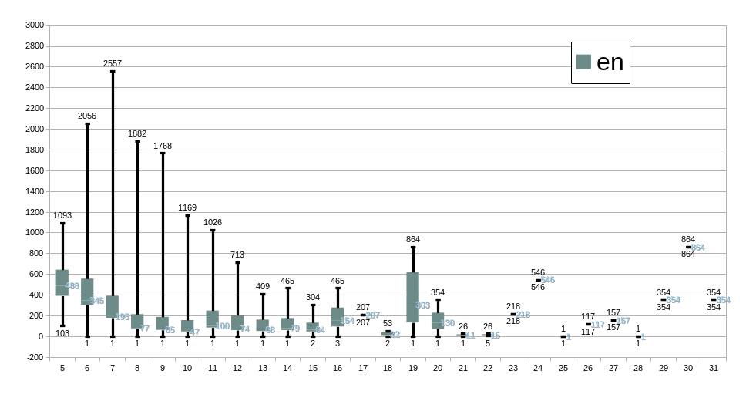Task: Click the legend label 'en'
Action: pyautogui.click(x=610, y=62)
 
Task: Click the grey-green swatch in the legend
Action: pyautogui.click(x=583, y=62)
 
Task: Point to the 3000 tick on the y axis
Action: pyautogui.click(x=34, y=25)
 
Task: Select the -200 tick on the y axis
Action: pyautogui.click(x=34, y=357)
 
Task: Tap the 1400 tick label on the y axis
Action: pyautogui.click(x=34, y=191)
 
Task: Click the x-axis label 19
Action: pyautogui.click(x=412, y=369)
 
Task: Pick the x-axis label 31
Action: pyautogui.click(x=713, y=369)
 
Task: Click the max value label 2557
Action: pyautogui.click(x=113, y=63)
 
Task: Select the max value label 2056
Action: pyautogui.click(x=87, y=116)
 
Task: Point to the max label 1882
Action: pyautogui.click(x=137, y=133)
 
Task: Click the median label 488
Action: pyautogui.click(x=72, y=286)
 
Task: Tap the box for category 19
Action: pyautogui.click(x=412, y=297)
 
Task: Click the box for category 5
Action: pyautogui.click(x=62, y=282)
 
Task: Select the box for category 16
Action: pyautogui.click(x=338, y=316)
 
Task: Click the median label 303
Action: pyautogui.click(x=423, y=305)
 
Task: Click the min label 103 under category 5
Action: pyautogui.click(x=62, y=333)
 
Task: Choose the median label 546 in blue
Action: pyautogui.click(x=548, y=280)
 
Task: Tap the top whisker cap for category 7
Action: pyautogui.click(x=113, y=71)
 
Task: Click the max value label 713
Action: pyautogui.click(x=237, y=255)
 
